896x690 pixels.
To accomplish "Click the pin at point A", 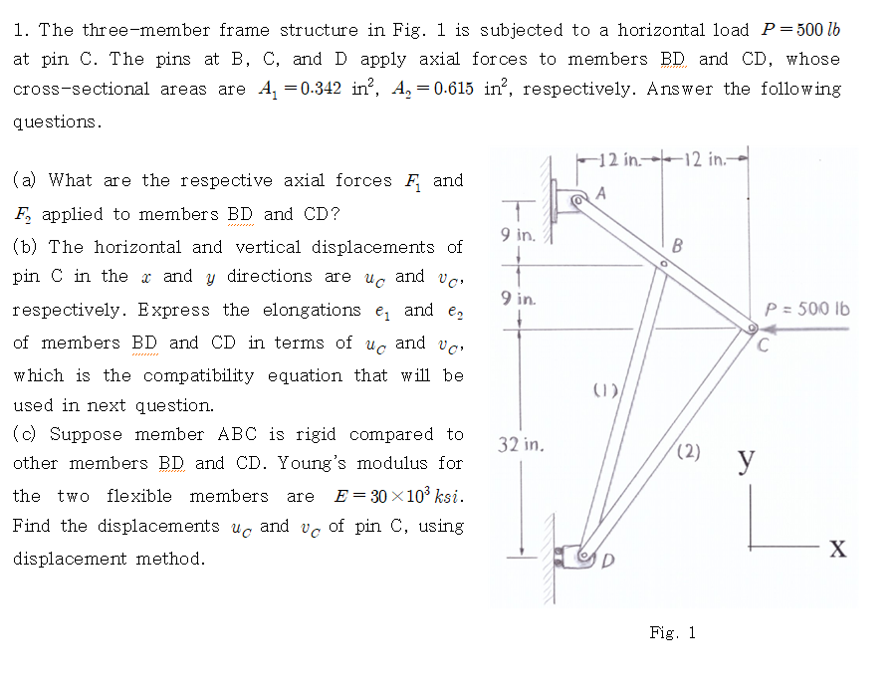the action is [577, 202].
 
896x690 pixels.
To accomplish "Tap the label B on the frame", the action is [677, 245].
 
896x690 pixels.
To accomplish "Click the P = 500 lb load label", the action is [806, 308].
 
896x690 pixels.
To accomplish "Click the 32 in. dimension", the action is [520, 445].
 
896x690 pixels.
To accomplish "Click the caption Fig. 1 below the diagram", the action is [672, 632].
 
